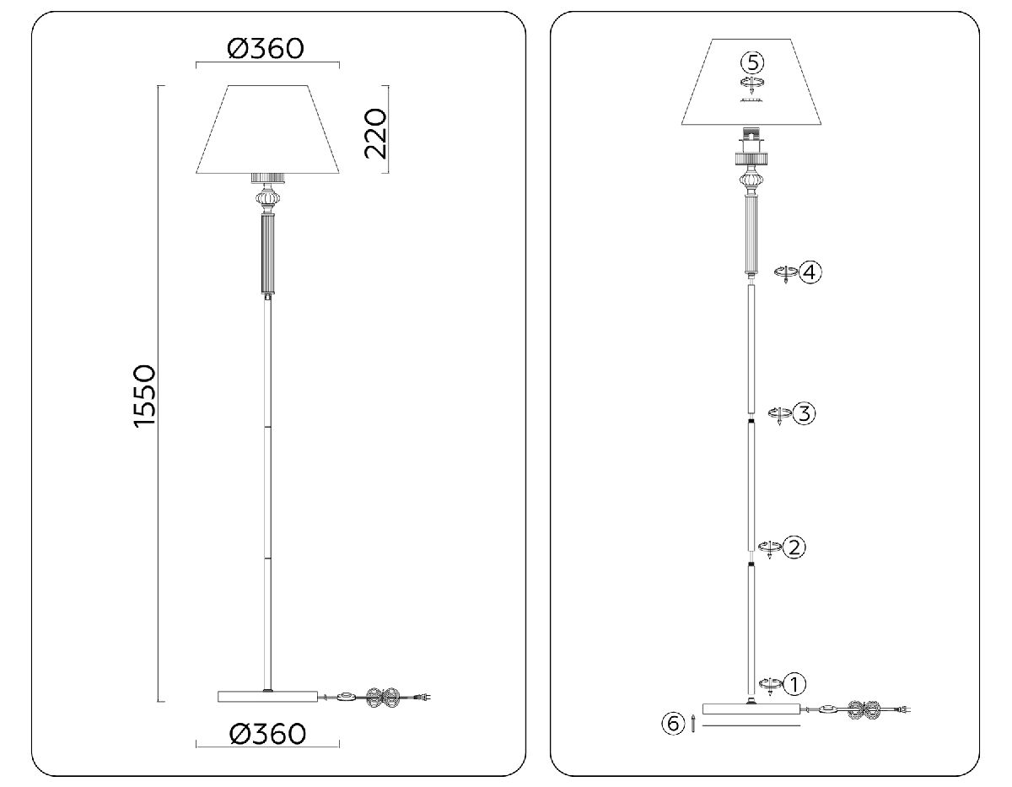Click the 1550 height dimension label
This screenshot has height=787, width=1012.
145,396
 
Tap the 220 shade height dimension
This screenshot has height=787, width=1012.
374,133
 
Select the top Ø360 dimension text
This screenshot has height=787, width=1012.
266,49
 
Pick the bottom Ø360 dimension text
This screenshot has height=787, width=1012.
267,733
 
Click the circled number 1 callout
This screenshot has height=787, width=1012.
795,683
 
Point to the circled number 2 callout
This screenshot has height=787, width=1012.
794,547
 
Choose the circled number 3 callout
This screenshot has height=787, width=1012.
804,414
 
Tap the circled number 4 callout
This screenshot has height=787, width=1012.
810,272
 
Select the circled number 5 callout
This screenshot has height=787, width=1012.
752,62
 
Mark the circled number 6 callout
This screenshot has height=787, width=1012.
672,723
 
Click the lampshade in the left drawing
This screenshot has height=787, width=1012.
267,131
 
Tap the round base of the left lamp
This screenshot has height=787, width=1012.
267,697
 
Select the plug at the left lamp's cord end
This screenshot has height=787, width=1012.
428,697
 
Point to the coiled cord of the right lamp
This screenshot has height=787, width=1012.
864,709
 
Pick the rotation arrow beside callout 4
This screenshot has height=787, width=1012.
785,273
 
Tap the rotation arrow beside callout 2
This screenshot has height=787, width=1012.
768,548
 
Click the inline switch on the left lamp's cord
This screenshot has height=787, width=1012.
346,697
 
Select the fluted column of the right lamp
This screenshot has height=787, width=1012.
751,234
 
